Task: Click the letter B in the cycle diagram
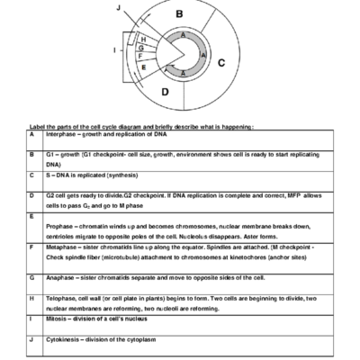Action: [179, 13]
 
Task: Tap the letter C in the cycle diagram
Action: [221, 62]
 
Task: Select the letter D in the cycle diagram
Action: [164, 91]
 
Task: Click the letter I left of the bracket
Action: [114, 50]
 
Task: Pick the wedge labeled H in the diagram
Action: [144, 40]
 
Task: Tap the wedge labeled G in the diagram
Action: [141, 48]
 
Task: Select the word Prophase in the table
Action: [58, 227]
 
